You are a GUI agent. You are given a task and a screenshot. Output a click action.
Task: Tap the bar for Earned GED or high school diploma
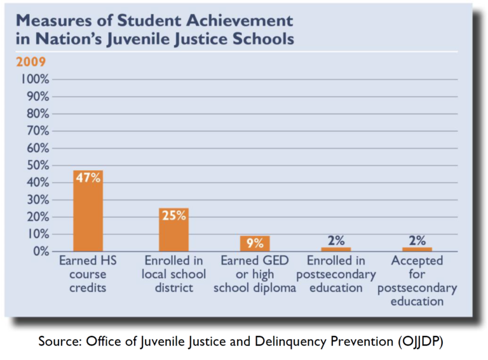255,244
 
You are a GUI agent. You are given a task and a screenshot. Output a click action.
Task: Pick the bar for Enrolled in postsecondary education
335,250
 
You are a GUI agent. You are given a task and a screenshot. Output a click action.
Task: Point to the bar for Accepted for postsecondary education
417,250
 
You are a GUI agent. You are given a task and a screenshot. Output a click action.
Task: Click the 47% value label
88,178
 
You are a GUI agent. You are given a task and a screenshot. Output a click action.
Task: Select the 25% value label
173,215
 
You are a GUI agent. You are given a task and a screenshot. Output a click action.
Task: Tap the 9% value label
255,242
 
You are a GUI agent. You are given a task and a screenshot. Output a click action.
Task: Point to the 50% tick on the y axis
38,166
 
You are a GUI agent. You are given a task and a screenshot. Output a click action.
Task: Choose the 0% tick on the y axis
41,252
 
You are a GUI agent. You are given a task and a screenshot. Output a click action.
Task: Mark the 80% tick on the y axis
38,114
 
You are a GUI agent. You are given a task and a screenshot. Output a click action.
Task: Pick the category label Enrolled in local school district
173,274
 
